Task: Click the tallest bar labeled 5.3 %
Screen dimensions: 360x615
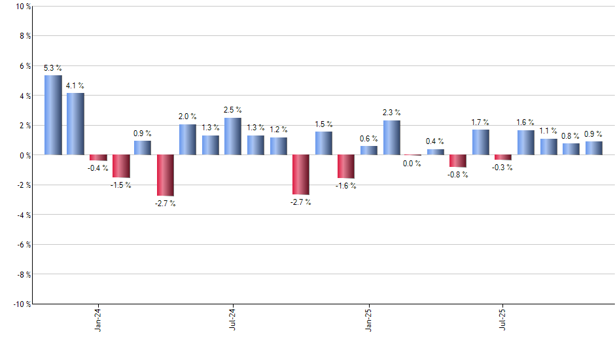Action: (x=53, y=115)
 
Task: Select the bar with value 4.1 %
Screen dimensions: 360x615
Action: (x=75, y=124)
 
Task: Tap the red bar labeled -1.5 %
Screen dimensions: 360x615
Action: (x=121, y=166)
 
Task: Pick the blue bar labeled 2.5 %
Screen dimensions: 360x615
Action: (x=233, y=136)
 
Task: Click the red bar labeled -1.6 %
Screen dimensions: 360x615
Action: (x=345, y=167)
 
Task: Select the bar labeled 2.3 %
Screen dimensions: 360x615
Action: (x=391, y=137)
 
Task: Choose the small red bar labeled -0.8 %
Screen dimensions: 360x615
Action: (x=458, y=161)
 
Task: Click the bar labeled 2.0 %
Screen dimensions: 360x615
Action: (x=188, y=139)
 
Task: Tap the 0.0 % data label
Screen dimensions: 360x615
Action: (x=412, y=164)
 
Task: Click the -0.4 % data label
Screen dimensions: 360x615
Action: (x=98, y=168)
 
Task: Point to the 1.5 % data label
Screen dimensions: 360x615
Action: (x=324, y=124)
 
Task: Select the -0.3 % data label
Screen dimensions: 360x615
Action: (x=503, y=168)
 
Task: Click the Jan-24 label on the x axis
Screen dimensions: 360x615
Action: (x=98, y=319)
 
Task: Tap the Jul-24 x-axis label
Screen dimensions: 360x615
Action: (x=233, y=319)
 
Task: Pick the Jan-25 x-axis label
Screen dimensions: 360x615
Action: (x=368, y=319)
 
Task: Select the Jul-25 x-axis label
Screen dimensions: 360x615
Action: (x=503, y=319)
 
